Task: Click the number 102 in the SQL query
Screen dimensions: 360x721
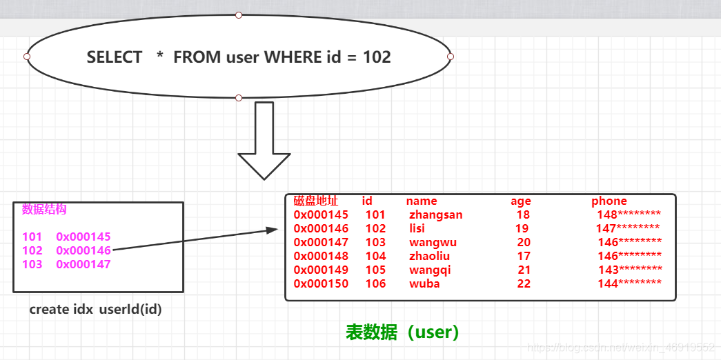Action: click(x=377, y=57)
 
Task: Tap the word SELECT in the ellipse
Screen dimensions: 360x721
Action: click(x=115, y=57)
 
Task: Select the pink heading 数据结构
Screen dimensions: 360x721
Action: click(x=44, y=210)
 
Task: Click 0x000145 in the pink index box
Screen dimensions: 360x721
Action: click(x=83, y=237)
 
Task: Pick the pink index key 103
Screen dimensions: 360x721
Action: click(x=32, y=264)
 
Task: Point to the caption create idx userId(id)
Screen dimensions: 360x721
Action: click(x=95, y=310)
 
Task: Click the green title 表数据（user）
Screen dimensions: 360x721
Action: click(x=402, y=332)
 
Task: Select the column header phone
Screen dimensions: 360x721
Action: click(x=609, y=201)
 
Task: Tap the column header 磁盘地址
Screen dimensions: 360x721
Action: click(x=315, y=201)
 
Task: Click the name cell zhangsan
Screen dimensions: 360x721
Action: click(x=435, y=215)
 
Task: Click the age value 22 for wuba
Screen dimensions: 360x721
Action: click(x=524, y=284)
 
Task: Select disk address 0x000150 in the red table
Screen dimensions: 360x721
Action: click(x=321, y=284)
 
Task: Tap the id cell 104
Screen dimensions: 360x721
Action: click(x=375, y=257)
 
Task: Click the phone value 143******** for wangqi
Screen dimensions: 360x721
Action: click(x=630, y=270)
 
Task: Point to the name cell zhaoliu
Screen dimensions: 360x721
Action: click(x=429, y=257)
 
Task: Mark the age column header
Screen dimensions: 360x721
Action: click(x=521, y=201)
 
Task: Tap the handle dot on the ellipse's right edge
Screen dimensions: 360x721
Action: click(x=451, y=57)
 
